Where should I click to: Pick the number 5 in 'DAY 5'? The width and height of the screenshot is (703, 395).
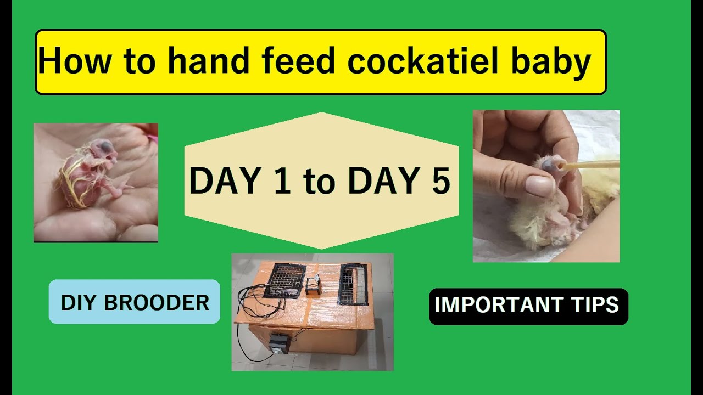coord(440,181)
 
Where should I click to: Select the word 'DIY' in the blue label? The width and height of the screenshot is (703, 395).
coord(81,302)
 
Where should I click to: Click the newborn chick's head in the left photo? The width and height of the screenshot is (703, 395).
coord(105,148)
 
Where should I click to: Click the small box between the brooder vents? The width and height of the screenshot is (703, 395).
coord(314,286)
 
